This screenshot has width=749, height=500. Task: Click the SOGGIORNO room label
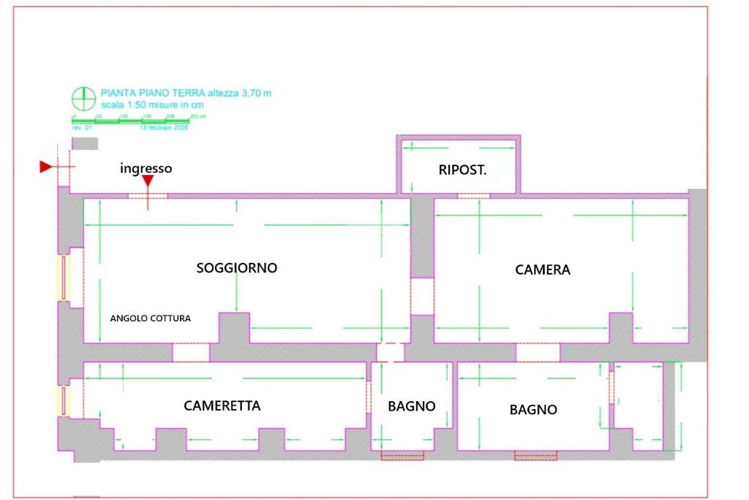click(x=237, y=268)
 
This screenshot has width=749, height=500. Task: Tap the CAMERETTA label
click(x=222, y=406)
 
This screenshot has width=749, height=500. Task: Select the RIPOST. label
click(x=462, y=170)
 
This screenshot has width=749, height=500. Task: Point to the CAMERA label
click(x=543, y=269)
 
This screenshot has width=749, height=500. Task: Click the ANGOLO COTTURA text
click(x=150, y=318)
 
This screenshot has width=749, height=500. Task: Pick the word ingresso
click(x=146, y=168)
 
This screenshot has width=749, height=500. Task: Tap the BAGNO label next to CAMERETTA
click(x=412, y=406)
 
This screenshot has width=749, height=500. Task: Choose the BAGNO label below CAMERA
click(x=533, y=410)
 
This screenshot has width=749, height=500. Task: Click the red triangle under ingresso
click(x=148, y=181)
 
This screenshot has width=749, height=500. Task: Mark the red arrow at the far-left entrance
click(x=45, y=168)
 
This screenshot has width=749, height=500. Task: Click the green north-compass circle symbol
click(x=83, y=97)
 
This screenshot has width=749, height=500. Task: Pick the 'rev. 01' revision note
click(x=80, y=127)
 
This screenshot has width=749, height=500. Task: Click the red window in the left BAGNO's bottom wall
click(x=402, y=456)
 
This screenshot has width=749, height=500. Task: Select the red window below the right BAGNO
click(x=535, y=456)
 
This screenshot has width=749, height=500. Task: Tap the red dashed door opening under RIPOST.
click(x=473, y=195)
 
